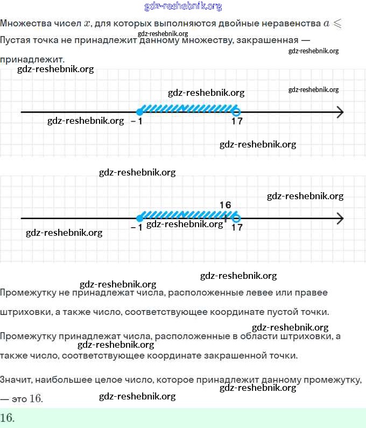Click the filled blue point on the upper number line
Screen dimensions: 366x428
[139, 112]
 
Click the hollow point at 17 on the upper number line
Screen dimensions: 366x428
[236, 112]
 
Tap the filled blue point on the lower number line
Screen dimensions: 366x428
[139, 219]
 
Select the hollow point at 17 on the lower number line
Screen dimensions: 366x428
[236, 219]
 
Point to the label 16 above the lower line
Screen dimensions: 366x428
[225, 205]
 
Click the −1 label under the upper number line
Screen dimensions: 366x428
[137, 121]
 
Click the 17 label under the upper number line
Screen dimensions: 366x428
[237, 121]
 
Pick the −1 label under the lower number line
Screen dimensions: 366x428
[137, 227]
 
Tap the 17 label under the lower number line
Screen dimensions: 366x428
[237, 227]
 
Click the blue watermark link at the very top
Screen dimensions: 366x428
[183, 6]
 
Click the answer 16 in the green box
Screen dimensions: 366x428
[8, 418]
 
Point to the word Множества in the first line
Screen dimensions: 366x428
[26, 23]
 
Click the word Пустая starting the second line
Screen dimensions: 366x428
[15, 40]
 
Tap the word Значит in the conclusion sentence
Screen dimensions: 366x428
[16, 380]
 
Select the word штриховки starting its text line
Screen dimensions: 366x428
[26, 312]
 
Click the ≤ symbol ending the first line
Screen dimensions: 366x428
[337, 24]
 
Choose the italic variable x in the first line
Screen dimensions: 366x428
[87, 24]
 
